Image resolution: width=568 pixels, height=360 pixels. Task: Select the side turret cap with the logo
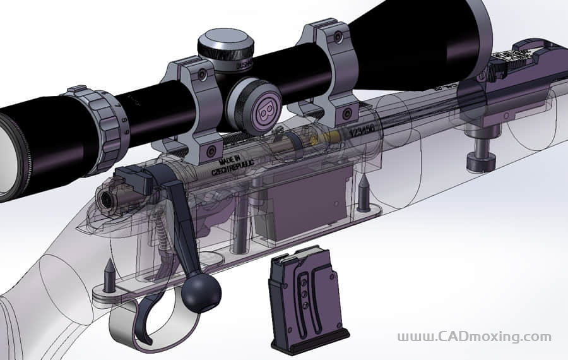261,108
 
